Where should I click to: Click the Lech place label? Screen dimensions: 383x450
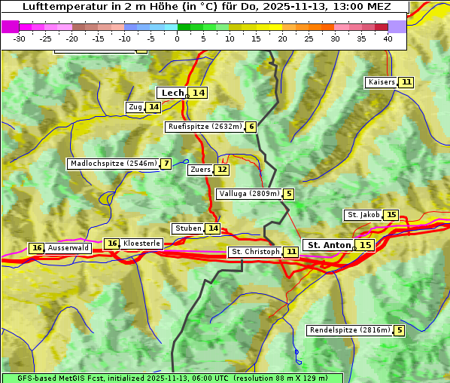click(x=172, y=93)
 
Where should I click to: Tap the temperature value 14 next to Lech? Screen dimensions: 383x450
click(x=198, y=93)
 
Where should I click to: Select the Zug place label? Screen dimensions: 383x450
click(x=135, y=107)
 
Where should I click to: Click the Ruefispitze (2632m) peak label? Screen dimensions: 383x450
click(x=205, y=127)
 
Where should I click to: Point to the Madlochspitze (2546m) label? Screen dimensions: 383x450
click(x=113, y=164)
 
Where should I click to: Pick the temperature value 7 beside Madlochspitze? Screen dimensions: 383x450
click(x=166, y=164)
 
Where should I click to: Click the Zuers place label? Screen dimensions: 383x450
click(x=200, y=170)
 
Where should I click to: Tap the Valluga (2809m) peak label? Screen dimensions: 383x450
click(x=249, y=194)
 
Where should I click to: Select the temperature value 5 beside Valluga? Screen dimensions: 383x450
click(x=289, y=194)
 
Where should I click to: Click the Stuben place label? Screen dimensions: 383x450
click(x=187, y=228)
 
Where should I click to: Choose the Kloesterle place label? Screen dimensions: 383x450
click(x=141, y=244)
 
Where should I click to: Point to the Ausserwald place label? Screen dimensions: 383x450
click(x=68, y=248)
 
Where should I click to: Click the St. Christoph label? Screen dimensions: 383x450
click(x=254, y=252)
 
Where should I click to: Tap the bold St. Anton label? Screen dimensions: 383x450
click(x=330, y=245)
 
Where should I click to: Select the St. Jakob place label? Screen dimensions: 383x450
click(x=363, y=215)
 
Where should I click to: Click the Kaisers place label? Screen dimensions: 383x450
click(x=381, y=81)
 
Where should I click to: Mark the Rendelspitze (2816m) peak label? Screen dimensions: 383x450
click(x=350, y=330)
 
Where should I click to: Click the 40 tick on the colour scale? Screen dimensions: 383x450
click(x=388, y=38)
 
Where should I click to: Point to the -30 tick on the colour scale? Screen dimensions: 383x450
click(x=20, y=38)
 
